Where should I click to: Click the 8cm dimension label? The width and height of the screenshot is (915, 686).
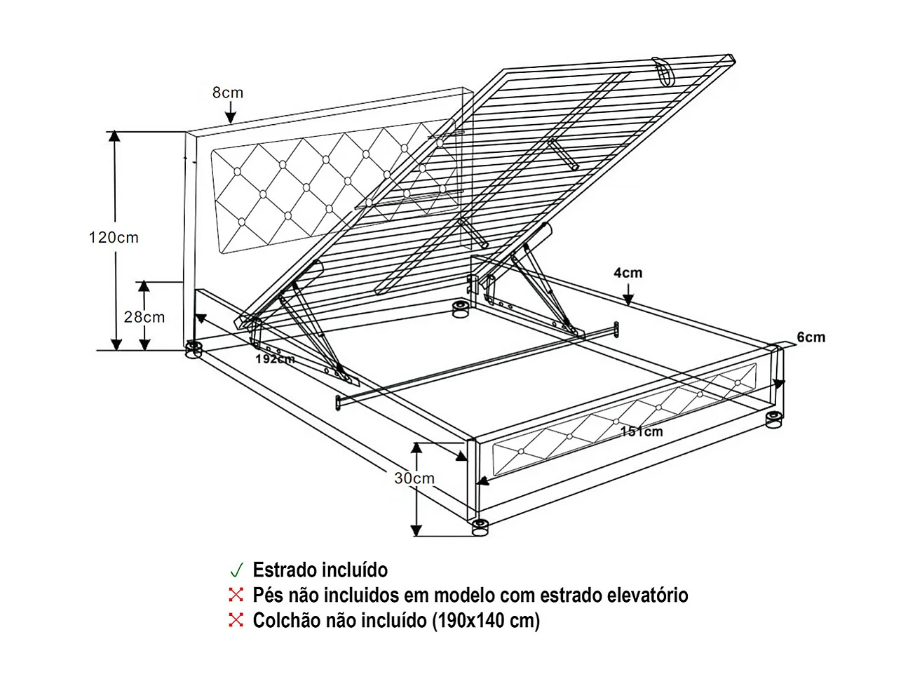click(228, 93)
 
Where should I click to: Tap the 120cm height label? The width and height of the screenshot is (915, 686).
click(114, 238)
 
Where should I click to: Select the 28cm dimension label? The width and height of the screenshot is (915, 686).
click(144, 317)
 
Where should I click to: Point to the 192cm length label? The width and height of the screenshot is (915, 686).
click(275, 359)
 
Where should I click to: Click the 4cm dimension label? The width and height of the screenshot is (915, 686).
click(628, 273)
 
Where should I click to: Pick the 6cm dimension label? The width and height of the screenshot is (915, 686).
click(811, 337)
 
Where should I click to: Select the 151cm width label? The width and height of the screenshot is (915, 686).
click(642, 431)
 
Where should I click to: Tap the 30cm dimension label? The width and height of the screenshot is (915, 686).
click(414, 478)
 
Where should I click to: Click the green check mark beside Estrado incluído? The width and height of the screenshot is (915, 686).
click(236, 570)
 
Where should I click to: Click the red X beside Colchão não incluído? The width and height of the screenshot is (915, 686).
click(236, 620)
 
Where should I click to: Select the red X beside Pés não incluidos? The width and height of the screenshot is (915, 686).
click(236, 595)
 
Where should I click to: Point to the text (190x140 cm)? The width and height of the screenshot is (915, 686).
click(486, 621)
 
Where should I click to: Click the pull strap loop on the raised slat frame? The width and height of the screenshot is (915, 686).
click(663, 69)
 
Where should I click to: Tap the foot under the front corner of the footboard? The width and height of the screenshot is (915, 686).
click(480, 527)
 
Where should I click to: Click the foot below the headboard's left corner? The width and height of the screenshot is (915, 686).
click(193, 349)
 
